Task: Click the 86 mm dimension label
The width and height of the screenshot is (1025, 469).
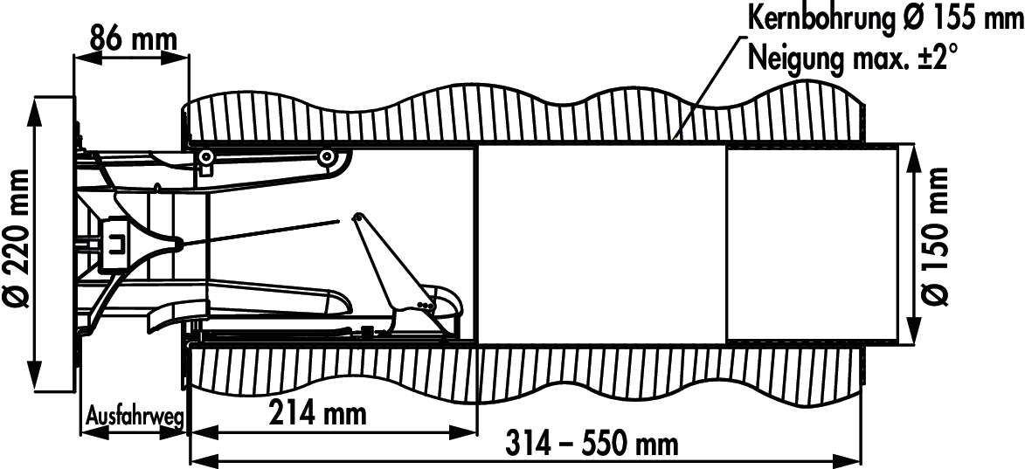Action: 134,40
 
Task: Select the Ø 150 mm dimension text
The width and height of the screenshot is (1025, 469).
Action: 936,236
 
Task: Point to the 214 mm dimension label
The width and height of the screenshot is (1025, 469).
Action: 317,413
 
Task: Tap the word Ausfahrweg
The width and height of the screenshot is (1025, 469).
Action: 135,417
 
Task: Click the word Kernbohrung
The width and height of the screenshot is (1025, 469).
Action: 818,19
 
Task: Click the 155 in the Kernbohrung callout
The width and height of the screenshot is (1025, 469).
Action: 939,17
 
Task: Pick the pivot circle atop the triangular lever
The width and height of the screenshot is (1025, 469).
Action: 357,217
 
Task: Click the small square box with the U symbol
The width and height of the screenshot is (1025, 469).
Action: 115,243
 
